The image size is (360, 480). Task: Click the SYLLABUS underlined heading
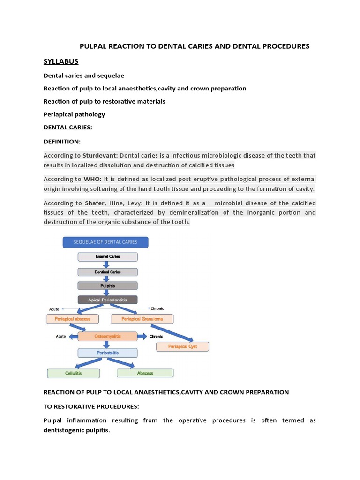[x=61, y=62]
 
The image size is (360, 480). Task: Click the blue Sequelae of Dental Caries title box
[x=106, y=242]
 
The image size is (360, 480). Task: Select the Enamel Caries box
[x=108, y=257]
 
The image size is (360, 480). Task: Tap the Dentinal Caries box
[x=108, y=272]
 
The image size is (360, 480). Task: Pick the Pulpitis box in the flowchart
[x=108, y=285]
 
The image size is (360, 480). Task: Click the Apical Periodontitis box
[x=108, y=299]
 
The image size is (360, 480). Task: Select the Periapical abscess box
[x=72, y=319]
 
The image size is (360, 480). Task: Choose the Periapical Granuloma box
[x=142, y=319]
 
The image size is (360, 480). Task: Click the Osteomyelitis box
[x=107, y=337]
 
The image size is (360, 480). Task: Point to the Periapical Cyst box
[x=182, y=347]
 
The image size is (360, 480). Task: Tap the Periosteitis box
[x=108, y=353]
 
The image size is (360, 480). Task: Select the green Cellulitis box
[x=74, y=373]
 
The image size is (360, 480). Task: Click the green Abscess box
[x=145, y=373]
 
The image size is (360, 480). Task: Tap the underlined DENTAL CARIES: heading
[x=67, y=127]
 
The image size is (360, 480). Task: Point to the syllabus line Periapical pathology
[x=74, y=114]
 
